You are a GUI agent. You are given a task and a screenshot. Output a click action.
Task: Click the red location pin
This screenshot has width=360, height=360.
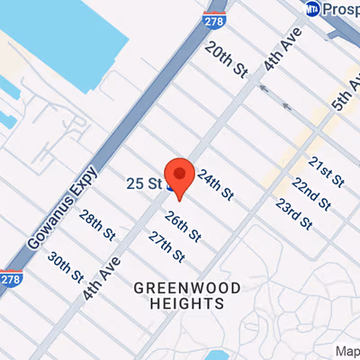[182, 175]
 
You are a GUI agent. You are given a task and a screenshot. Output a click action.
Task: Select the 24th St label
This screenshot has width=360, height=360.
[216, 184]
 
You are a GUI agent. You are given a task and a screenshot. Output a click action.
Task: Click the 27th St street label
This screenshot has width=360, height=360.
[166, 247]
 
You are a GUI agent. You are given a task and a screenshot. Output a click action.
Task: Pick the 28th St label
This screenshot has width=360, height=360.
[96, 224]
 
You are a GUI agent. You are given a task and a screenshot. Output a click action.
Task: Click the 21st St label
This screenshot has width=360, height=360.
[327, 171]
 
